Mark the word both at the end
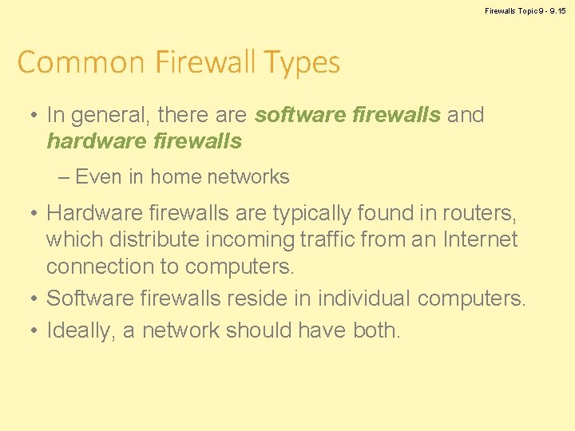375,330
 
